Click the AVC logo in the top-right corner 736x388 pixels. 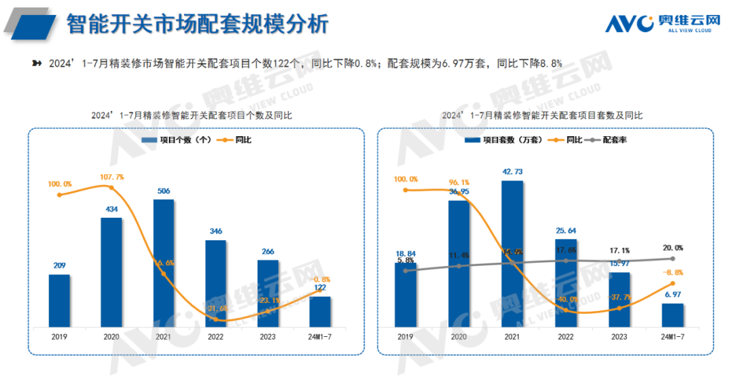pyautogui.click(x=662, y=24)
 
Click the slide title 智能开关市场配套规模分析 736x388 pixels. pyautogui.click(x=198, y=25)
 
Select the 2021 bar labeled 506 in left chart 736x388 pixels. pyautogui.click(x=164, y=263)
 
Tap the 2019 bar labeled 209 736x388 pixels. pyautogui.click(x=59, y=300)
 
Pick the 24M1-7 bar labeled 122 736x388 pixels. pyautogui.click(x=320, y=311)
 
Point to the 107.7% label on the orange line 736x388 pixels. pyautogui.click(x=112, y=176)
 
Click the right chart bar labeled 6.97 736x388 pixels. pyautogui.click(x=672, y=314)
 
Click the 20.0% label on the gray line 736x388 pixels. pyautogui.click(x=672, y=248)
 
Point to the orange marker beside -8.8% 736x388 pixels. pyautogui.click(x=673, y=283)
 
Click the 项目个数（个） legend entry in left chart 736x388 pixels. pyautogui.click(x=176, y=140)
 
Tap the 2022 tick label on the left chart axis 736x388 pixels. pyautogui.click(x=216, y=336)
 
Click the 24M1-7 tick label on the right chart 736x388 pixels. pyautogui.click(x=672, y=336)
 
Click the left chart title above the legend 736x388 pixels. pyautogui.click(x=192, y=116)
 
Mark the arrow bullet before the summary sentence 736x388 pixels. pyautogui.click(x=37, y=63)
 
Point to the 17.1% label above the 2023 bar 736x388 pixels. pyautogui.click(x=619, y=250)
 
